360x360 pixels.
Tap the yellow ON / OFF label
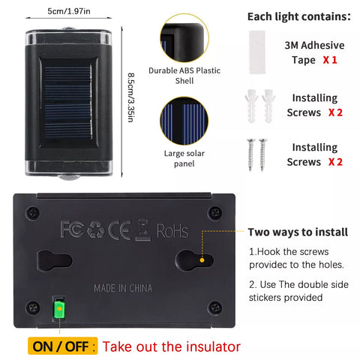click(x=62, y=346)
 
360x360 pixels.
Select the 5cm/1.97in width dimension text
click(x=69, y=11)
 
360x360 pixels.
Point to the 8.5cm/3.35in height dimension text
click(x=131, y=97)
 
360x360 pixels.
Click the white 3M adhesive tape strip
click(x=257, y=52)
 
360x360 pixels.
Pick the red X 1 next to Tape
click(x=330, y=60)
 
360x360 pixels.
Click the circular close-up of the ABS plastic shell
click(x=184, y=38)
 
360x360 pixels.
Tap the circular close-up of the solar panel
click(x=184, y=121)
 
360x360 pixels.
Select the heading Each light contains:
click(x=299, y=16)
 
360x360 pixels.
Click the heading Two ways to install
click(x=298, y=232)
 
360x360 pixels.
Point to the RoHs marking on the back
click(x=172, y=231)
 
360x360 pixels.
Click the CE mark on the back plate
click(x=119, y=229)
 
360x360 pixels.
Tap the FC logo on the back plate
click(x=72, y=229)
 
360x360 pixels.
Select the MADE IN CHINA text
click(x=123, y=288)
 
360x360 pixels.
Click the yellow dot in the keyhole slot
click(x=202, y=260)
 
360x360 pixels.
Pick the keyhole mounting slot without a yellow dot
click(x=55, y=261)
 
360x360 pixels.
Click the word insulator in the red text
click(x=213, y=347)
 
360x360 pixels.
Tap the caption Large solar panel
click(x=184, y=158)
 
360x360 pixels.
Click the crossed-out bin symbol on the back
click(x=143, y=229)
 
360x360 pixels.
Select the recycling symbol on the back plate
click(x=96, y=229)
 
